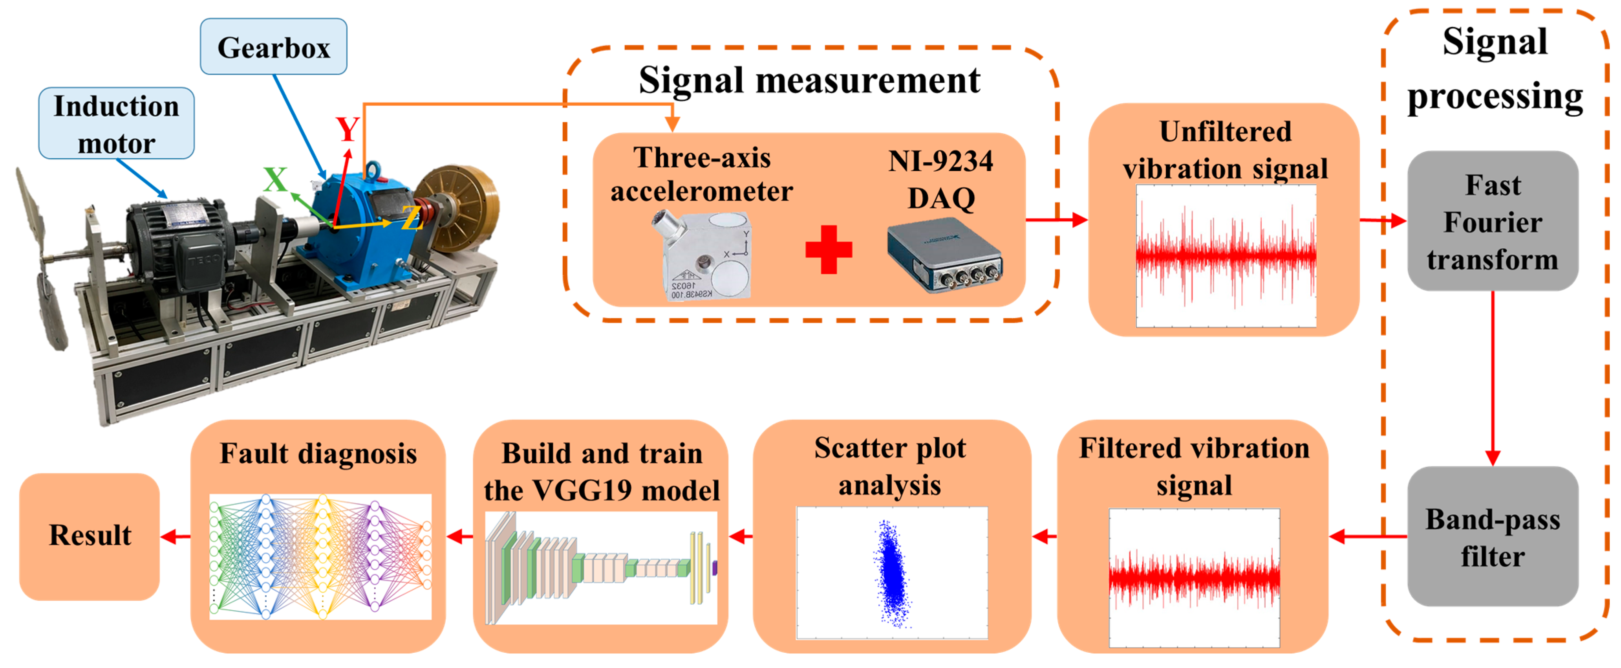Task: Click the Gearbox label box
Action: click(x=273, y=47)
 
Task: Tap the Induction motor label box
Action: click(x=116, y=123)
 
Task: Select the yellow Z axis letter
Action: click(x=411, y=219)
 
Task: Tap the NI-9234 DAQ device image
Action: click(x=944, y=255)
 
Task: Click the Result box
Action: click(x=90, y=536)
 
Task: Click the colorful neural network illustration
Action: click(x=320, y=556)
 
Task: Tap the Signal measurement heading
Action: click(x=809, y=81)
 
